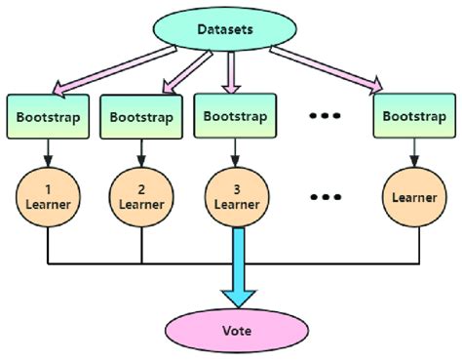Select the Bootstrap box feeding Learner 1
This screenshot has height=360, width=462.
pyautogui.click(x=48, y=116)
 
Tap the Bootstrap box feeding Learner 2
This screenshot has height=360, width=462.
pyautogui.click(x=140, y=117)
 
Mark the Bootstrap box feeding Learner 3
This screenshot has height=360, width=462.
pyautogui.click(x=233, y=115)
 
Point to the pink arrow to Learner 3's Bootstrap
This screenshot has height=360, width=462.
pyautogui.click(x=232, y=73)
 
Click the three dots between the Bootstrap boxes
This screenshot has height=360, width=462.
pyautogui.click(x=323, y=116)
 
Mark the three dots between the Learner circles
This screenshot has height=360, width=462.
pyautogui.click(x=323, y=196)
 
